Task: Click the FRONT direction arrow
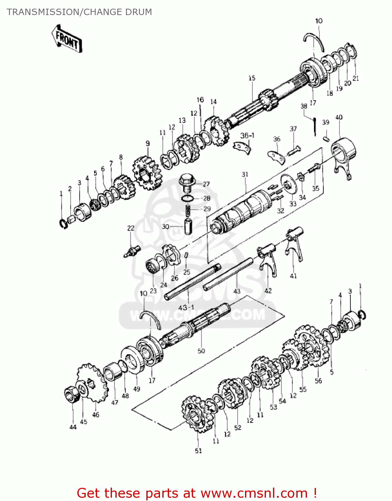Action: [67, 39]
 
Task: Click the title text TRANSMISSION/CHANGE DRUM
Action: [79, 12]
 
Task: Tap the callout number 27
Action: [206, 184]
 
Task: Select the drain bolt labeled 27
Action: [187, 182]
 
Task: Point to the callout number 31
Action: [245, 174]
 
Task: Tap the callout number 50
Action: [201, 351]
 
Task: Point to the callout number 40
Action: [339, 118]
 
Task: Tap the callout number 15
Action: [252, 78]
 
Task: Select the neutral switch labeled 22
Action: [132, 252]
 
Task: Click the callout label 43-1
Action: [186, 307]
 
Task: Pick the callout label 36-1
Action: [247, 135]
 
